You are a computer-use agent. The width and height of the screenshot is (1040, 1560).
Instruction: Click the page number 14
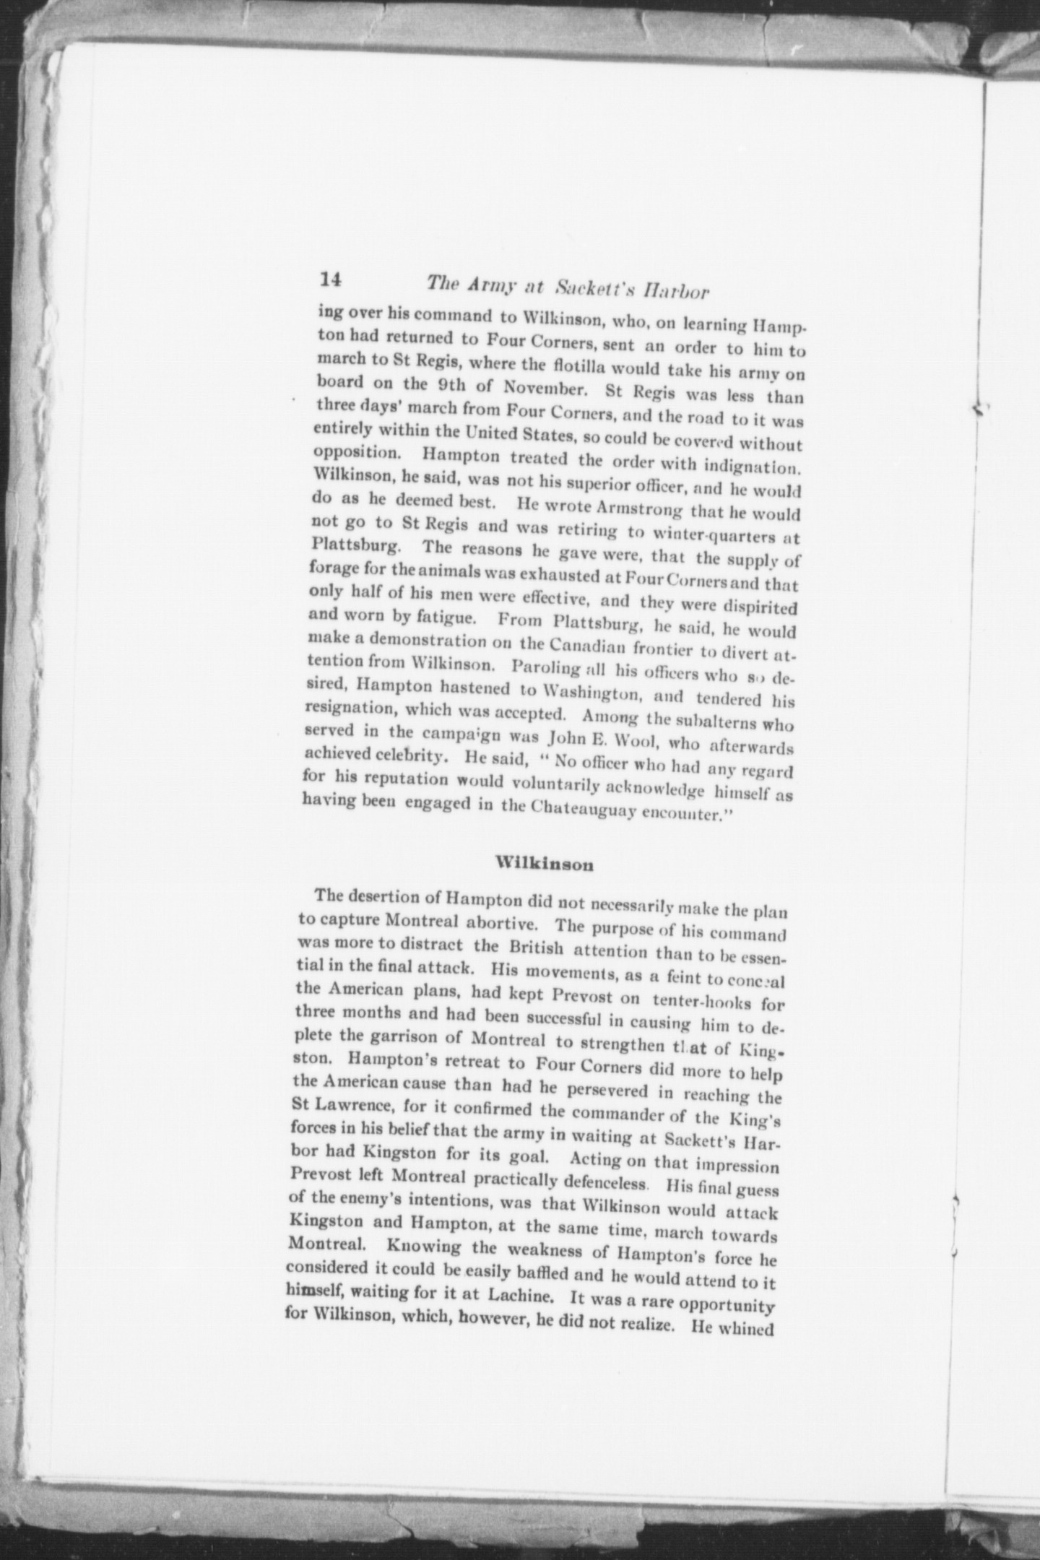[331, 279]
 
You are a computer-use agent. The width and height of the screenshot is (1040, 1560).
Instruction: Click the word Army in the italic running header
[485, 284]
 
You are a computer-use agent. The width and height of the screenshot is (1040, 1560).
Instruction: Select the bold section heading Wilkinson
[545, 864]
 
